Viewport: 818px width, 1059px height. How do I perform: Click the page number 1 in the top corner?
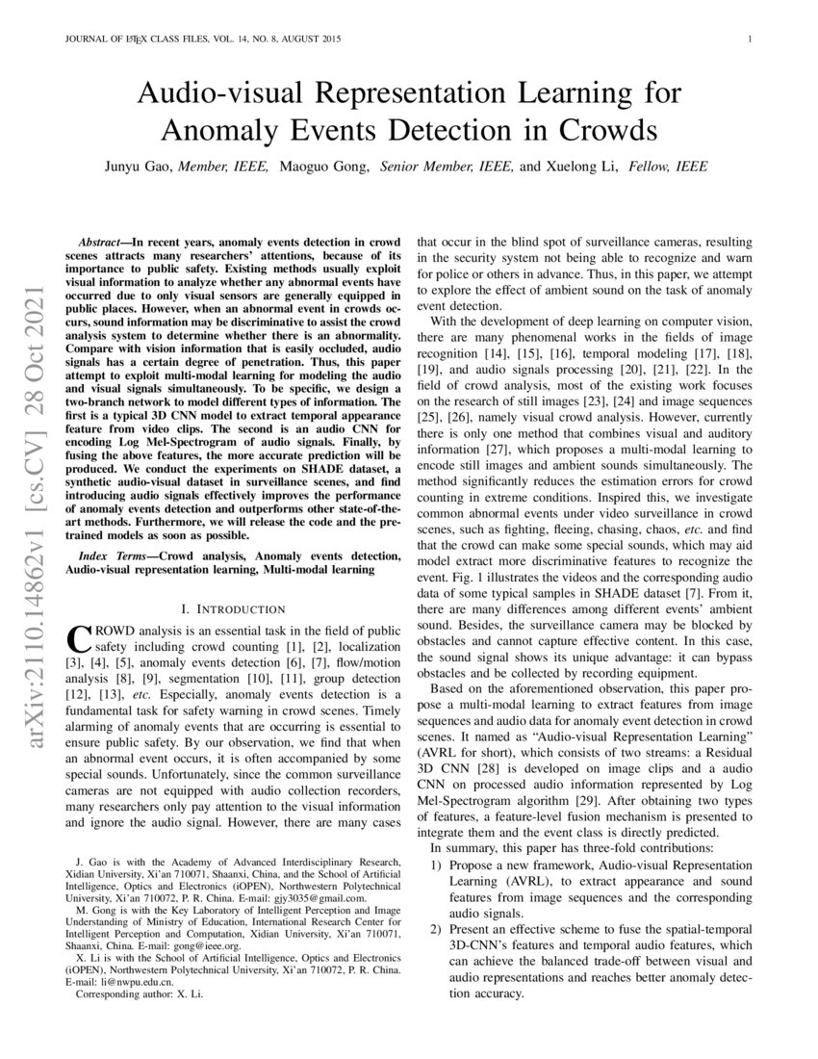749,39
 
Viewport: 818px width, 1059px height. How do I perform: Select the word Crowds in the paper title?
595,130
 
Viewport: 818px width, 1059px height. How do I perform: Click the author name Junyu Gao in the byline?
141,167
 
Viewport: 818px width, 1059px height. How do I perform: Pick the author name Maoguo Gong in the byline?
324,167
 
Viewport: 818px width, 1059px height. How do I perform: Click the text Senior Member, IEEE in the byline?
447,167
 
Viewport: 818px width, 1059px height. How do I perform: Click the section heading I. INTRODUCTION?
233,609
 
